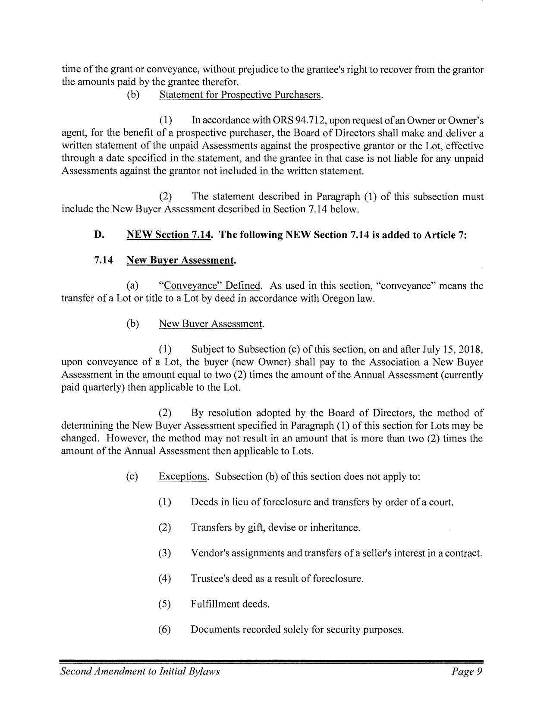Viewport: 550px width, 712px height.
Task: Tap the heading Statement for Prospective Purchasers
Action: [x=241, y=95]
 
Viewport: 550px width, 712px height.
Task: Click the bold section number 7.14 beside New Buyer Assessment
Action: [x=104, y=260]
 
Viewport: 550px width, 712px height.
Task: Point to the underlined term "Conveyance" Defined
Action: [x=210, y=286]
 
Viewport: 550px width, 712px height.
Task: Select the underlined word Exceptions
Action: [x=183, y=476]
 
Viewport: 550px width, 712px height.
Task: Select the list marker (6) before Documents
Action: [x=165, y=629]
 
